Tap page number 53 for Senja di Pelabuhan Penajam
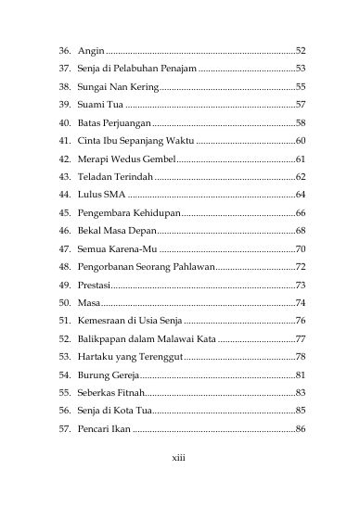pos(300,68)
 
